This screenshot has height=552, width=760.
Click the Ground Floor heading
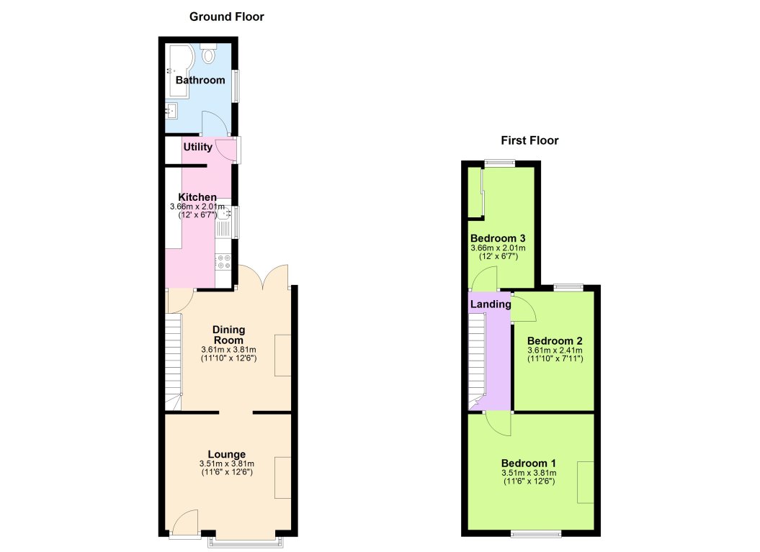click(226, 17)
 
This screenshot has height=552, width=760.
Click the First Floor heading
click(530, 140)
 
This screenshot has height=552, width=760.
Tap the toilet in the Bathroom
click(210, 53)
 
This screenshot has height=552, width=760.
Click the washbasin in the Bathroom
click(171, 111)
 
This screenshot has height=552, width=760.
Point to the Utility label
click(197, 148)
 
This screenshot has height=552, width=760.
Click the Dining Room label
click(228, 335)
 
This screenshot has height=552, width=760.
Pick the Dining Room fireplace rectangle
click(283, 355)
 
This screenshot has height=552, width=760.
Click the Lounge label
click(227, 454)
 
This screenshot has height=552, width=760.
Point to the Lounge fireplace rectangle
click(283, 477)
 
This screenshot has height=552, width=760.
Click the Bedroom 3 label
click(498, 238)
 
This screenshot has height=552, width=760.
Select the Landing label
click(491, 304)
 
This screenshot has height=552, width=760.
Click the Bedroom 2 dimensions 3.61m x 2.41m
click(555, 350)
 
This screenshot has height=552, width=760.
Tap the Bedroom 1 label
click(529, 463)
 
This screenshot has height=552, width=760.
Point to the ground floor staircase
click(173, 360)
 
